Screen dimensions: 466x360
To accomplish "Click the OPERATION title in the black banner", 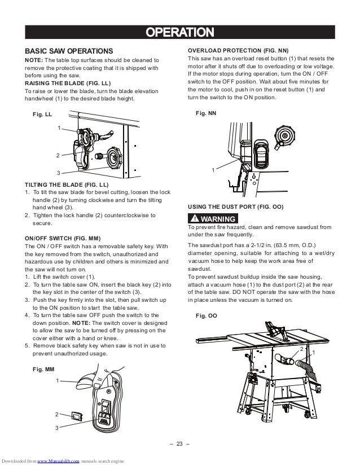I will click(x=180, y=30).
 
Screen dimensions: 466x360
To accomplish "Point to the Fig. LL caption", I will click(x=42, y=114).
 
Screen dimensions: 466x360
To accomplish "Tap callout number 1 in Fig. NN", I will click(x=213, y=170).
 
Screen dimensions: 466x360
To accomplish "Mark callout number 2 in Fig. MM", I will click(x=57, y=415).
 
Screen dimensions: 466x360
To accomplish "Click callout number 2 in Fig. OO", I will click(x=302, y=350).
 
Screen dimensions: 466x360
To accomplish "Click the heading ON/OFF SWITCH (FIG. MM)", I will click(x=62, y=238).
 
